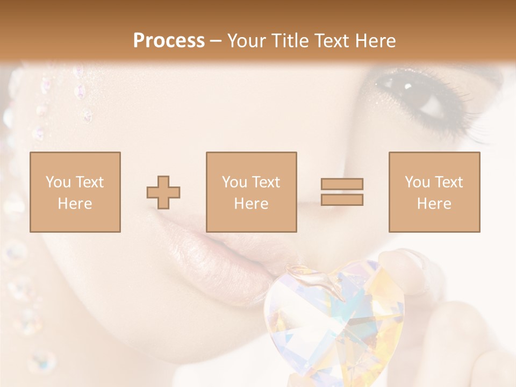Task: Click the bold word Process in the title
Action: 169,41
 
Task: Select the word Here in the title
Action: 375,41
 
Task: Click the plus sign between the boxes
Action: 163,192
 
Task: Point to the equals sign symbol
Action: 342,192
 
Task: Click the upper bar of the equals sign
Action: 342,184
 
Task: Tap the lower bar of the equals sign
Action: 342,199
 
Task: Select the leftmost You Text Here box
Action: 75,192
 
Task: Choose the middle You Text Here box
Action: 252,192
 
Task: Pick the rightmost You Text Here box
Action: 434,192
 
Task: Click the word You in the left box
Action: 57,182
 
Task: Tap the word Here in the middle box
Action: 252,204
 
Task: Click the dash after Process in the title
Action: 216,41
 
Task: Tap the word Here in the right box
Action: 434,204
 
